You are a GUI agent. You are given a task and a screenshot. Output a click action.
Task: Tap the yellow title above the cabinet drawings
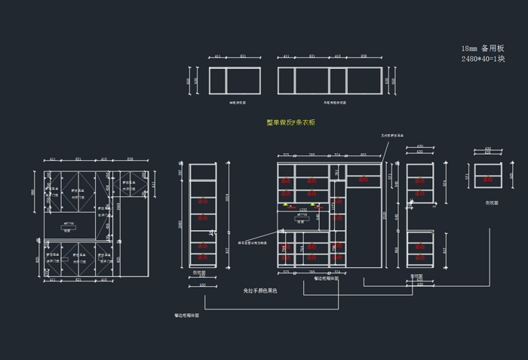click(290, 122)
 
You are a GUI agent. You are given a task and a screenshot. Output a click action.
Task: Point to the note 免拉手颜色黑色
click(259, 291)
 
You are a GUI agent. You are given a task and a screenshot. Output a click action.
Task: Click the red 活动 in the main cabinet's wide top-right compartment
click(363, 180)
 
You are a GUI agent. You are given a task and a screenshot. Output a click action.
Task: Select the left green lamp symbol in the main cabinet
click(285, 205)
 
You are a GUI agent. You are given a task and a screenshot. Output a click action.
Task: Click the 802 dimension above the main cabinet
click(364, 155)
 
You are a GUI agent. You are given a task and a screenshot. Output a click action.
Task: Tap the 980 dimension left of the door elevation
click(33, 192)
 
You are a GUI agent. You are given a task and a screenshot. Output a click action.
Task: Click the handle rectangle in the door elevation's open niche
click(68, 224)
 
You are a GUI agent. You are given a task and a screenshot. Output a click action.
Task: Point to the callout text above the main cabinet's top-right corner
click(391, 135)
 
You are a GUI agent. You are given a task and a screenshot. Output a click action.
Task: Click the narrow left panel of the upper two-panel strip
click(217, 80)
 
